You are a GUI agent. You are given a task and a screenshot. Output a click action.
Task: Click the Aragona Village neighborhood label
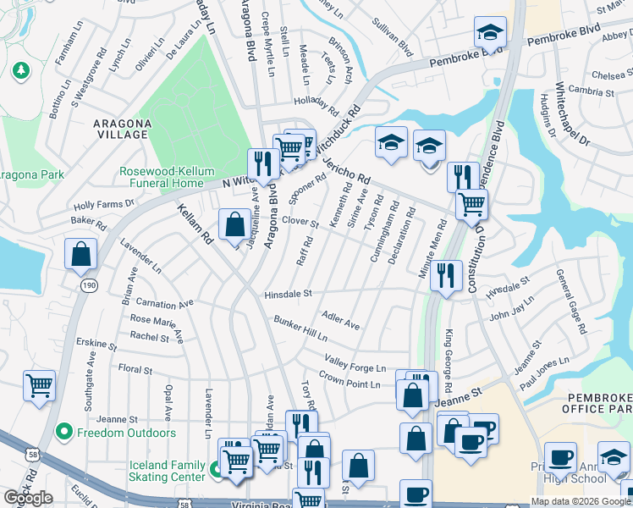[122, 129]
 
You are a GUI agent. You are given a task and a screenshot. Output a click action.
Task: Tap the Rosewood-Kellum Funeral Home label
[162, 177]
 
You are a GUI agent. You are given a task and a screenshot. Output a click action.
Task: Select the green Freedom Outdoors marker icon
[63, 433]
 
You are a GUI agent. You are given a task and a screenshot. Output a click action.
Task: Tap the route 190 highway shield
[89, 285]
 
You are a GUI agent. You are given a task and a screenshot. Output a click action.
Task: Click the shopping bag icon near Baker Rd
[81, 253]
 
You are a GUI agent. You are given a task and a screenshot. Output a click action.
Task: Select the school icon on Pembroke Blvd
[489, 34]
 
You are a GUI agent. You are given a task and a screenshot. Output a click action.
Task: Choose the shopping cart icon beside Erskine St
[39, 385]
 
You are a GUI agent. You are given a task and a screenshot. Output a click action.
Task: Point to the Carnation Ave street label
[163, 303]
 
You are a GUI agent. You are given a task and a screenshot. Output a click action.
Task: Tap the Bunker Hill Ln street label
[300, 328]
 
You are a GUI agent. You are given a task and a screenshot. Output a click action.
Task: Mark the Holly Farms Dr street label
[104, 204]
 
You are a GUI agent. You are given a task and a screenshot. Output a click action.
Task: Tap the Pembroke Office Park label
[604, 406]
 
